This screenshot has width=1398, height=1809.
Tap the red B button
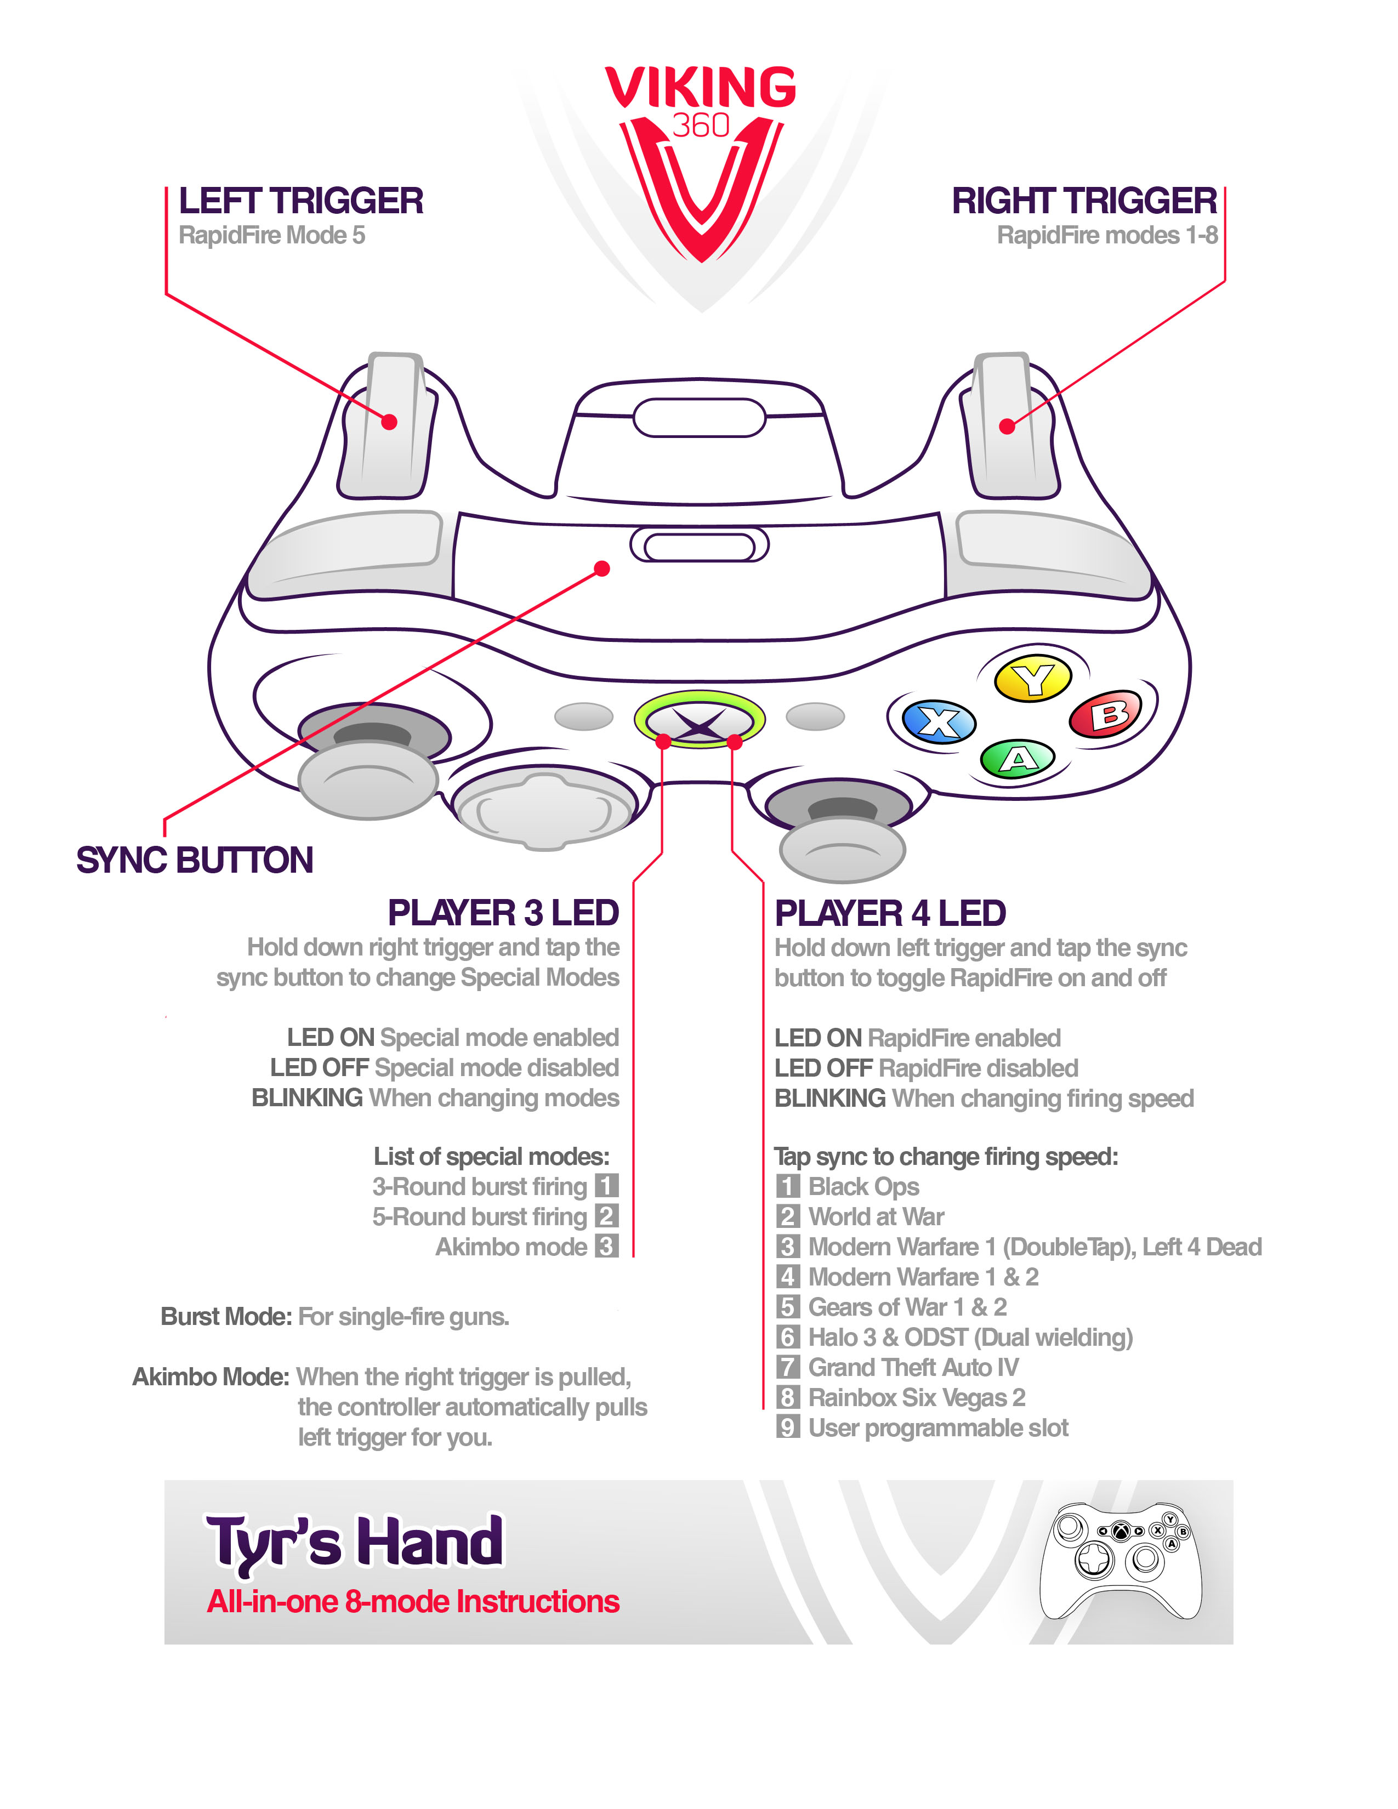pos(1106,714)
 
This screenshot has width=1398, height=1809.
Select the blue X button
pos(939,721)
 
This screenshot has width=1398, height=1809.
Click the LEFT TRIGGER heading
pos(300,201)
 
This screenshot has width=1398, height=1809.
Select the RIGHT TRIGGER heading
pos(1083,201)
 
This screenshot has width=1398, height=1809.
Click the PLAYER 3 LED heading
pos(503,913)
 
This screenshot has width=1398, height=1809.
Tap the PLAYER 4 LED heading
pos(890,913)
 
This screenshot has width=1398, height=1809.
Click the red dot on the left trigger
pos(389,422)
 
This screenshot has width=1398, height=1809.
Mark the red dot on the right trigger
pos(1006,426)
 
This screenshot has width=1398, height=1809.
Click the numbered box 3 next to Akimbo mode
pos(606,1247)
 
